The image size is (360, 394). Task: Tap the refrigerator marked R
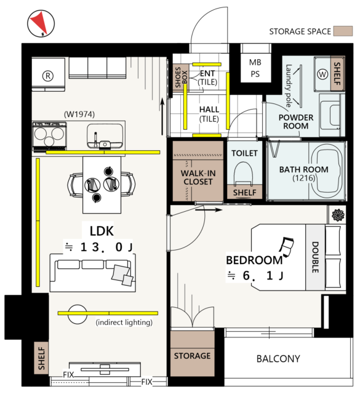click(x=48, y=74)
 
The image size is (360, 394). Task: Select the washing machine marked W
click(x=322, y=74)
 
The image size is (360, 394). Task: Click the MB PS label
click(x=255, y=68)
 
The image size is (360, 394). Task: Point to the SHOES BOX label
click(x=181, y=77)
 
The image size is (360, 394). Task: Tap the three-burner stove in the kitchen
click(x=49, y=136)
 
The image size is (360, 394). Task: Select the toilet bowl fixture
click(x=243, y=174)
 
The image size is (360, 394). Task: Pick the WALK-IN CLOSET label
click(x=198, y=177)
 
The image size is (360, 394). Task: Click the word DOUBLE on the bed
click(x=315, y=257)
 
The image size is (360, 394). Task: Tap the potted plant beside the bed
click(x=338, y=215)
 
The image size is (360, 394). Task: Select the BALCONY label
click(x=278, y=358)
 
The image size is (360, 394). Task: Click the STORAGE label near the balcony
click(x=193, y=356)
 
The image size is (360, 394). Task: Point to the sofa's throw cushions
click(x=122, y=275)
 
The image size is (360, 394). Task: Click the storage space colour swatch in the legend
click(x=343, y=31)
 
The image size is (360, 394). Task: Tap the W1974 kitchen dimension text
click(x=79, y=115)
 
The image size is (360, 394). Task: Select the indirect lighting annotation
click(x=124, y=322)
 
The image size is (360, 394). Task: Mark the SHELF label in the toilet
click(x=245, y=193)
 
